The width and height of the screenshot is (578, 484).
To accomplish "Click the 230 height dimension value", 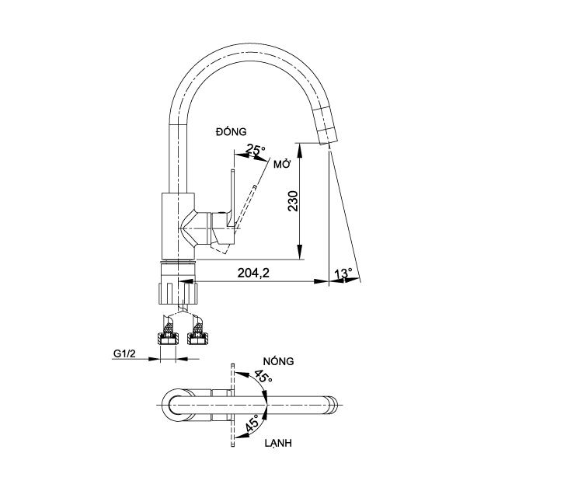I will pos(293,200).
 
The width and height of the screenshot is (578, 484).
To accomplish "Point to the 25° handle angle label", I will pos(256,149).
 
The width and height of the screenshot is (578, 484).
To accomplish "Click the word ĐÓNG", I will pos(231,133).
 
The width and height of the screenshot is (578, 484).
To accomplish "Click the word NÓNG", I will pos(277,361).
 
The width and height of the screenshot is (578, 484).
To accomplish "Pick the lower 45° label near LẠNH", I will pos(252,424).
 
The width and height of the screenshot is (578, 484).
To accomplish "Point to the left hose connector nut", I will pos(166,338).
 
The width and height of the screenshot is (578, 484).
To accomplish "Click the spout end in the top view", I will pos(333,402).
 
